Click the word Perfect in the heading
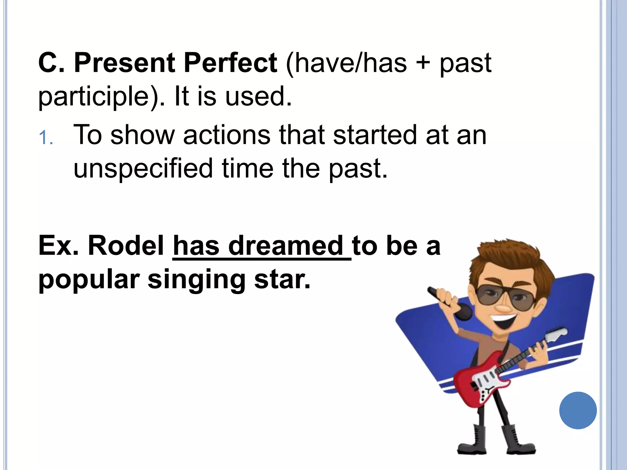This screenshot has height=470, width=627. point(230,63)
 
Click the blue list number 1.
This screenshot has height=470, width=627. point(46,138)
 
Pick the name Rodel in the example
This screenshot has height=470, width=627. point(126,245)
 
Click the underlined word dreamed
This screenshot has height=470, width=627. point(286,245)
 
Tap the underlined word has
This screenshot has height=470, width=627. point(196,245)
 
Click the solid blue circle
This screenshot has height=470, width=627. point(578,410)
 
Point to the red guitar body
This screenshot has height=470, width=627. point(478,382)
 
